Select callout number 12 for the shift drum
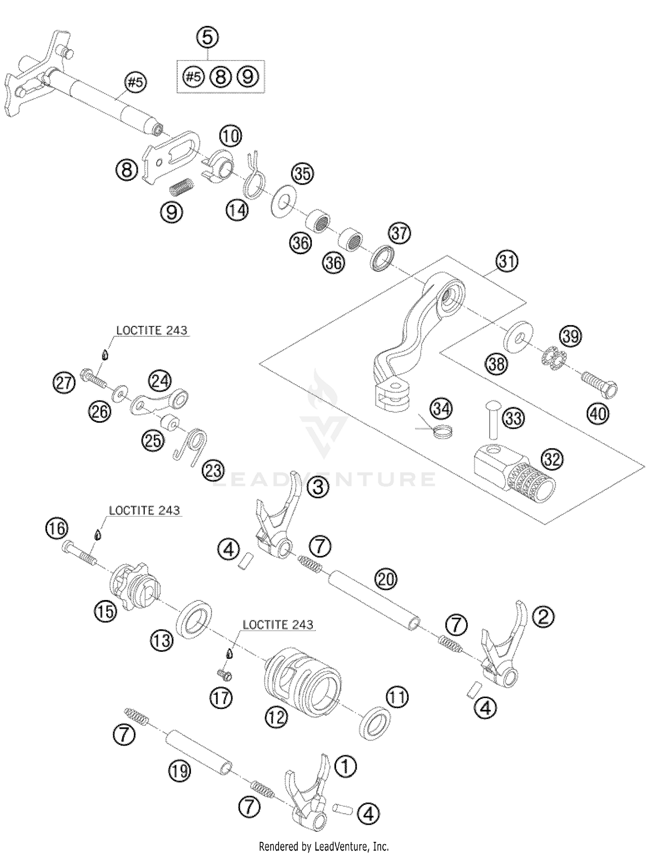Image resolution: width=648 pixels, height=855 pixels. (x=276, y=718)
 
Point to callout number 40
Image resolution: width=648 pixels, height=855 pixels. (x=598, y=414)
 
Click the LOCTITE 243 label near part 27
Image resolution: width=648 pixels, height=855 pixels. (x=152, y=331)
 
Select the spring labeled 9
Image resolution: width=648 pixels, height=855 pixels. (x=181, y=188)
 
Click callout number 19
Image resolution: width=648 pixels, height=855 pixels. (x=180, y=771)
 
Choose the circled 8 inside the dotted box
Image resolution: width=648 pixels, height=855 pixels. (x=220, y=77)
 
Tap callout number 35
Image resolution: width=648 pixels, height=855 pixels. (x=302, y=173)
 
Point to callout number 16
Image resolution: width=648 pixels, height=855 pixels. (x=57, y=529)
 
